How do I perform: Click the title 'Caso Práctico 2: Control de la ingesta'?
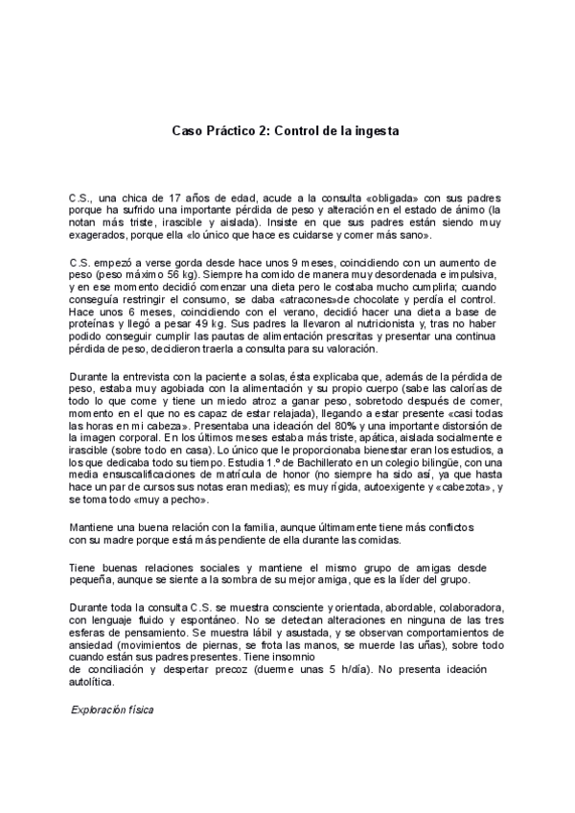pos(285,128)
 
